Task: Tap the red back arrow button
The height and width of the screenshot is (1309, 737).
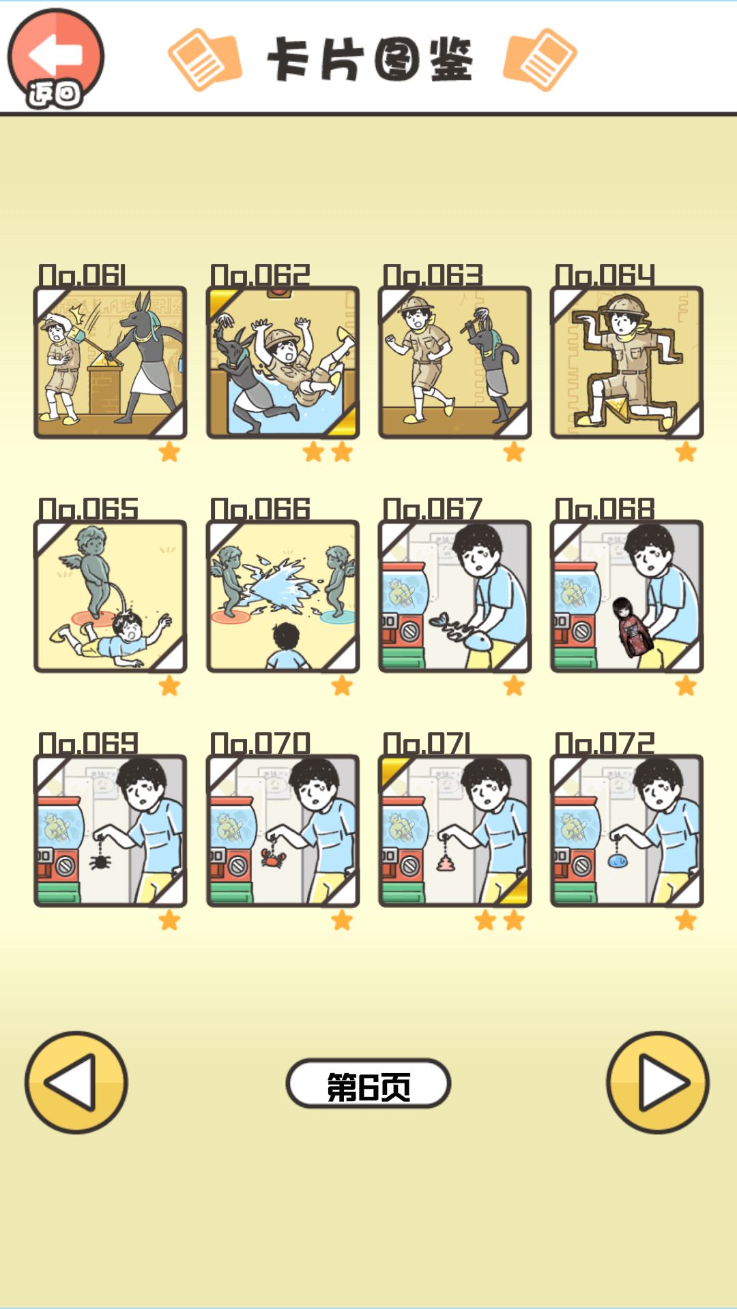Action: pyautogui.click(x=56, y=59)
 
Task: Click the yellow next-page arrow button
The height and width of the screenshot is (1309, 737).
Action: pyautogui.click(x=658, y=1083)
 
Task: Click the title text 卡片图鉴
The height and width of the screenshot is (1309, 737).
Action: pyautogui.click(x=369, y=60)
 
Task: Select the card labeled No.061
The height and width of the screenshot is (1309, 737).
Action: pyautogui.click(x=110, y=362)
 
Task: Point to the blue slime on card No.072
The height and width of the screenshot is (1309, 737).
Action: pyautogui.click(x=618, y=860)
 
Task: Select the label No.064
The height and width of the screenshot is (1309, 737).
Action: pyautogui.click(x=605, y=275)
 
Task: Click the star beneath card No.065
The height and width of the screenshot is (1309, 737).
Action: pyautogui.click(x=169, y=686)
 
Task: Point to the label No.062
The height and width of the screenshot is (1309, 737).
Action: pyautogui.click(x=260, y=275)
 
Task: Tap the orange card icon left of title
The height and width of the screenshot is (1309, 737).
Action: pyautogui.click(x=205, y=59)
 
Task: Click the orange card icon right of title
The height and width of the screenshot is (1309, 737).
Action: pyautogui.click(x=540, y=59)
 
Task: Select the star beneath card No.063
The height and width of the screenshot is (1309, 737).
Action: pyautogui.click(x=514, y=451)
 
